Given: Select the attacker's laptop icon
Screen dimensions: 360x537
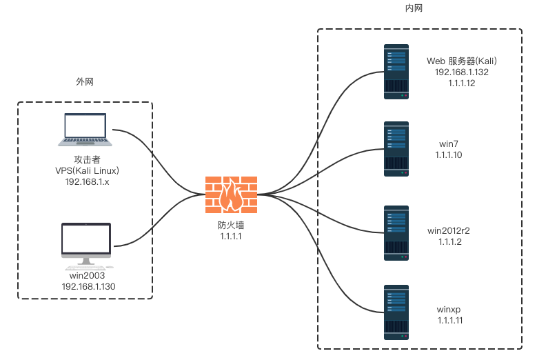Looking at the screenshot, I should coord(85,132).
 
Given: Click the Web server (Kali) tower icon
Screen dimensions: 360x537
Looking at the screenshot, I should coord(396,72).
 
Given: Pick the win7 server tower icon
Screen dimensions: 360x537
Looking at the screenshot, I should coord(396,149).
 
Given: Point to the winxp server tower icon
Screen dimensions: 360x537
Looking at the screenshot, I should coord(396,312).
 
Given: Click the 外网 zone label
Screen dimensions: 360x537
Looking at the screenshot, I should coord(85,82).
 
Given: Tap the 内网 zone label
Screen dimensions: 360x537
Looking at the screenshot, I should coord(414,8).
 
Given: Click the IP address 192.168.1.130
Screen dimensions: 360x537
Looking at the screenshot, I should coord(88,286).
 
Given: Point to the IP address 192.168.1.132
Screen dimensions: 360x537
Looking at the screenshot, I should coord(462,72).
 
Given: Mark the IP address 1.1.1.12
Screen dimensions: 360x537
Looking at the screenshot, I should coord(462,83).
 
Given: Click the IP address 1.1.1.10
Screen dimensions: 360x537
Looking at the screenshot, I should coord(449,155).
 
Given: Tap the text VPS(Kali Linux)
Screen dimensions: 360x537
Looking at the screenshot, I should coord(88,172).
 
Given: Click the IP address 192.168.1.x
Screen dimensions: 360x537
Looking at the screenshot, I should coord(88,183).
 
